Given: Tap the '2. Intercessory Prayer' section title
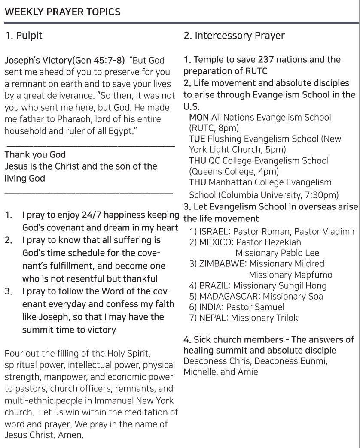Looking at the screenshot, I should tap(234, 36).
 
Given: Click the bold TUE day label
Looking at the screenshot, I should tap(197, 139).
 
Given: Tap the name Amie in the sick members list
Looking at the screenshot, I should tap(248, 372).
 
